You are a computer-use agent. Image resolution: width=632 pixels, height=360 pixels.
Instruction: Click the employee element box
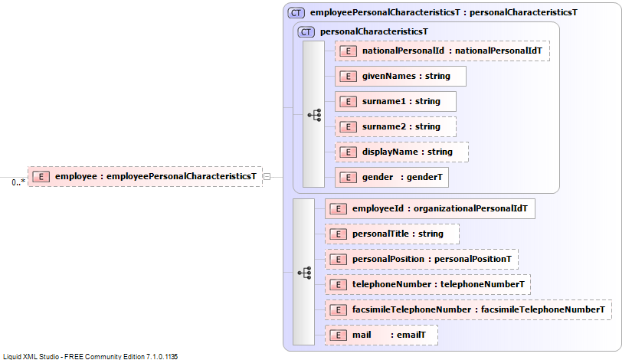coord(145,177)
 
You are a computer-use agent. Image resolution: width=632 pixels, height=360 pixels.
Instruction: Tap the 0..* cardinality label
coord(18,182)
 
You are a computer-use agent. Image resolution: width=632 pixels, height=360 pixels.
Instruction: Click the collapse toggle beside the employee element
coord(267,177)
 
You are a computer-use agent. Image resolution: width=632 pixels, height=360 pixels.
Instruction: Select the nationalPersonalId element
coord(442,51)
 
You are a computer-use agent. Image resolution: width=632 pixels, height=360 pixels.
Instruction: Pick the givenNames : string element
coord(400,76)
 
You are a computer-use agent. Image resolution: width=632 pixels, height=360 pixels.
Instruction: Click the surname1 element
coord(395,102)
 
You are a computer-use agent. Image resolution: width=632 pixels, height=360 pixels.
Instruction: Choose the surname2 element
coord(395,127)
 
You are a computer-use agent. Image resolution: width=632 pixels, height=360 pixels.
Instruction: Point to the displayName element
coord(401,152)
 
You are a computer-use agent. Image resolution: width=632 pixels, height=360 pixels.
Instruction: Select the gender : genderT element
coord(391,178)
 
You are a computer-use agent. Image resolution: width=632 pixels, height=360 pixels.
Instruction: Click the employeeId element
coord(430,209)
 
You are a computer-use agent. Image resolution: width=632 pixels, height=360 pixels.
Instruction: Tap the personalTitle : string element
coord(392,234)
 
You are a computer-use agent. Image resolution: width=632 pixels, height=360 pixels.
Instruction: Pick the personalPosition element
coord(421,260)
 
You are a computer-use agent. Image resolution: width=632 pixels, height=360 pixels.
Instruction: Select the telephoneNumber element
coord(427,285)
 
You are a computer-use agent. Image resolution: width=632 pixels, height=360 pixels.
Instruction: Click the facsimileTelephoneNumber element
coord(468,310)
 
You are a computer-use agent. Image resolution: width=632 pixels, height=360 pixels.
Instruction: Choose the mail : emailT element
coord(381,335)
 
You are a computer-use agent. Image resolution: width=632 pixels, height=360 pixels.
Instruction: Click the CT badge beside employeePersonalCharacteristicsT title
coord(296,13)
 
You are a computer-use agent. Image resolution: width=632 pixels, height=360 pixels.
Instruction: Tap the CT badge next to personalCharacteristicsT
coord(306,32)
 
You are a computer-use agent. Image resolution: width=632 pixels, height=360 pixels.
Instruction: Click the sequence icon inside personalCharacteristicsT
coord(314,115)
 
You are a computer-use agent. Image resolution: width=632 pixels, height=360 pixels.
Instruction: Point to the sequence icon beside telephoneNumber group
coord(305,273)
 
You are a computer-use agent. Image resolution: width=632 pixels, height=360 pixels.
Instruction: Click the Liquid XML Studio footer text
coord(90,356)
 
